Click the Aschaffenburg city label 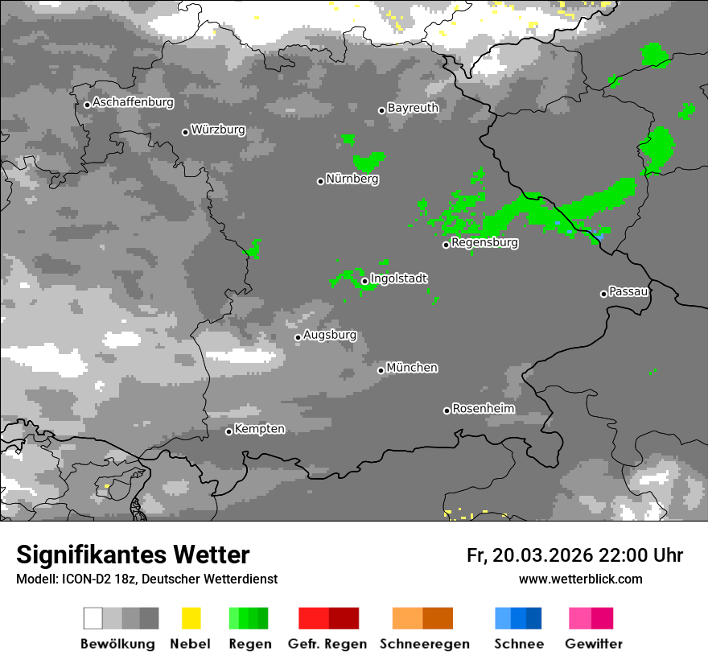coord(133,102)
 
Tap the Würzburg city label coord(218,130)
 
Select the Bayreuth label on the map coord(413,108)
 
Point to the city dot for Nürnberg coord(320,181)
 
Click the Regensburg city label coord(484,242)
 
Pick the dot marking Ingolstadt coord(364,281)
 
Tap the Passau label coord(628,291)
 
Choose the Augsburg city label coord(330,335)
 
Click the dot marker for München coord(381,370)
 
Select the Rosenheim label coord(483,409)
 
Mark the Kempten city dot coord(228,431)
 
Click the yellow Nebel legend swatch coord(191,618)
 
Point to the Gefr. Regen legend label coord(327,644)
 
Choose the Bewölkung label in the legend coord(117,644)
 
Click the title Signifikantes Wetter coord(133,555)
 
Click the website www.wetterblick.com coord(580,579)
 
